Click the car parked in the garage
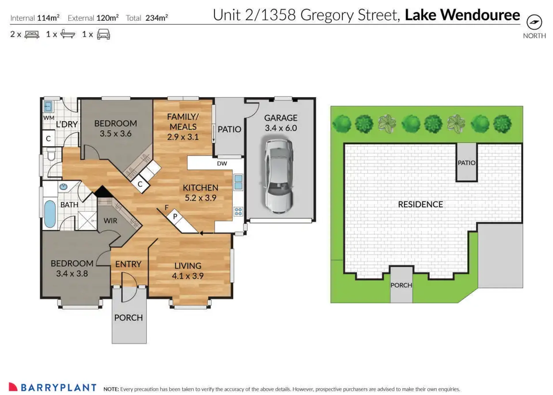[x=279, y=176]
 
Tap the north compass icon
[x=534, y=22]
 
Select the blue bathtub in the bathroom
[x=50, y=214]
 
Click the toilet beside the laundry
[x=51, y=155]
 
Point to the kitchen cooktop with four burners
[x=238, y=212]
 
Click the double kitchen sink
[x=238, y=182]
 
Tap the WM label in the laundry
[x=49, y=118]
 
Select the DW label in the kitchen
[x=222, y=163]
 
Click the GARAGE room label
[x=281, y=118]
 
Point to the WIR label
[x=110, y=221]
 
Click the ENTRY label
[x=128, y=264]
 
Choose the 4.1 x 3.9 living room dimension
[x=188, y=276]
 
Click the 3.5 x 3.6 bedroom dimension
[x=116, y=133]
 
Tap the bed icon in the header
[x=32, y=35]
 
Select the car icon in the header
[x=103, y=34]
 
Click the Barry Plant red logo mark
[x=13, y=387]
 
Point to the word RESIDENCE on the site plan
[x=420, y=204]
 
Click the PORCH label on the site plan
[x=401, y=285]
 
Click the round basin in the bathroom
[x=63, y=187]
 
